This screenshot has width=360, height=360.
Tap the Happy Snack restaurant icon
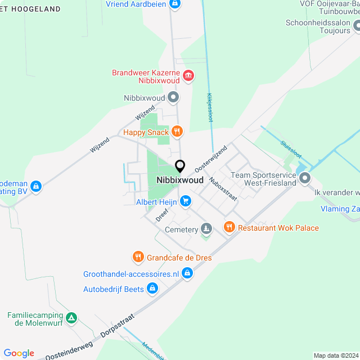pos(177,132)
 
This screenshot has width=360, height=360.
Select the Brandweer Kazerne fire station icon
pos(188,75)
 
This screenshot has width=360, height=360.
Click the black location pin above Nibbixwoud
pos(180,166)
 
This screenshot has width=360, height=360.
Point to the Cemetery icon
pos(207,229)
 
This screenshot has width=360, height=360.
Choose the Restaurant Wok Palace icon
pos(229,227)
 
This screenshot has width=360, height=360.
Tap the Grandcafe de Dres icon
pos(138,258)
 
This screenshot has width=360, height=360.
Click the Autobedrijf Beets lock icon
pos(152,289)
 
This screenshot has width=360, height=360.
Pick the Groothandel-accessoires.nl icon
pos(187,273)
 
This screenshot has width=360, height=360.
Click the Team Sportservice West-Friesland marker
pos(305,179)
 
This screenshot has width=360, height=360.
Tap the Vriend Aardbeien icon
pos(175,4)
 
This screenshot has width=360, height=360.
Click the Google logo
pos(19,353)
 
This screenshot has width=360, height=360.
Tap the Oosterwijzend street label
pos(210,159)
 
